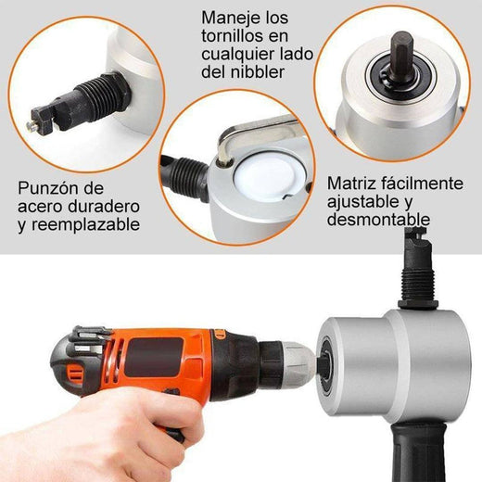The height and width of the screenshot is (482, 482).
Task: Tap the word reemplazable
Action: pyautogui.click(x=102, y=223)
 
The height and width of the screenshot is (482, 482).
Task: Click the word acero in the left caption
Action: pyautogui.click(x=42, y=206)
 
